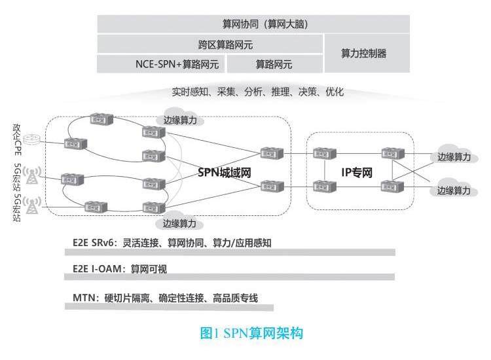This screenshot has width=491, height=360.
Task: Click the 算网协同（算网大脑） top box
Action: (x=253, y=24)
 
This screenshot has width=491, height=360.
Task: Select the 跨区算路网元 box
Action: (x=210, y=45)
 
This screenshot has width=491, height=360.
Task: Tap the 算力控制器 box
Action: (x=367, y=54)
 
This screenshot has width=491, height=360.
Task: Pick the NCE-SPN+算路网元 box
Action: (x=161, y=64)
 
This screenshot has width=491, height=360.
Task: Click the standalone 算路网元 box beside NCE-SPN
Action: (x=274, y=64)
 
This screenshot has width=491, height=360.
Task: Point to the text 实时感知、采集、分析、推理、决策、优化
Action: (x=257, y=92)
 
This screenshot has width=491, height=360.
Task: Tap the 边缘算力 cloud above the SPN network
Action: (x=179, y=120)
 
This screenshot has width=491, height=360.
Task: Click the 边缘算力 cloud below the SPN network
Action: (x=179, y=223)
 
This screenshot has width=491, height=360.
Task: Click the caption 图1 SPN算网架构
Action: (x=252, y=333)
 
